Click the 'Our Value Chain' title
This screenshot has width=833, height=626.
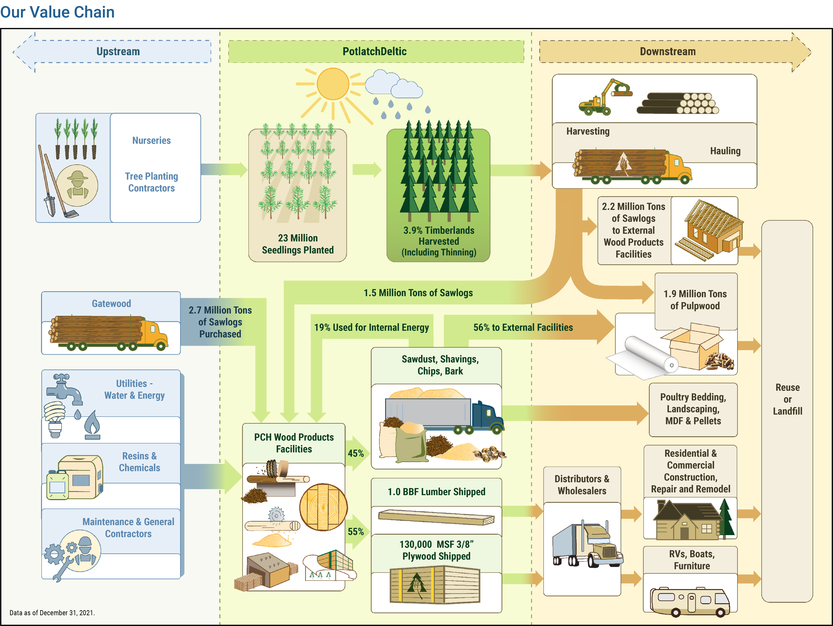tap(57, 12)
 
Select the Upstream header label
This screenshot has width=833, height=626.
tap(118, 52)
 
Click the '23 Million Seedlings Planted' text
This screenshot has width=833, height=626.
tap(297, 244)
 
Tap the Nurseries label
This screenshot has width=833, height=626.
tap(151, 140)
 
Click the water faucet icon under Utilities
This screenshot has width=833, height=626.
tap(64, 388)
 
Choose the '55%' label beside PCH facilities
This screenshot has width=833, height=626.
tap(355, 532)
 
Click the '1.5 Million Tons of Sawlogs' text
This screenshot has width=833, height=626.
tap(418, 293)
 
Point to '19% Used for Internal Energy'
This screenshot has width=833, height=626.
tap(371, 328)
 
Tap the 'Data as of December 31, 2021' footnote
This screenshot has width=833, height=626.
tap(52, 612)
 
